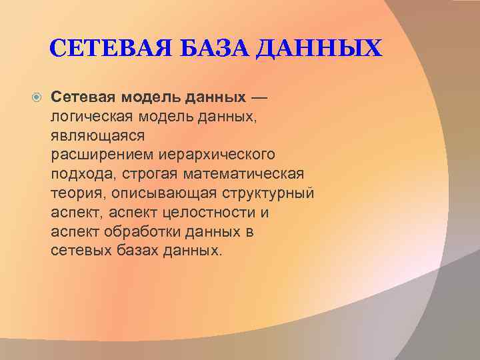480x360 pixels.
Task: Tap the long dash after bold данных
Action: (259, 98)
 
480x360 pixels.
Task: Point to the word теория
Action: (73, 193)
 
